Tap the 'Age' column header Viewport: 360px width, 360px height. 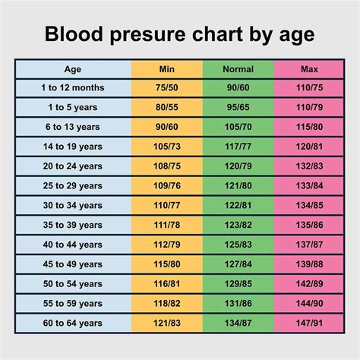pyautogui.click(x=73, y=69)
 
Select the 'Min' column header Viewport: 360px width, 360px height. pyautogui.click(x=167, y=69)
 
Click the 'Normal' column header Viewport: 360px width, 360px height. pyautogui.click(x=238, y=69)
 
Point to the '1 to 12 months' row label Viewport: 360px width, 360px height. pyautogui.click(x=73, y=87)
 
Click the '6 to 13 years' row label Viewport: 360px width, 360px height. pyautogui.click(x=73, y=126)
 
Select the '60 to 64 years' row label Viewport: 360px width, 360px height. pyautogui.click(x=73, y=322)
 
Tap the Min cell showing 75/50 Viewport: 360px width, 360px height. pyautogui.click(x=167, y=87)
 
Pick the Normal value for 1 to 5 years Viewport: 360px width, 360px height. pyautogui.click(x=238, y=107)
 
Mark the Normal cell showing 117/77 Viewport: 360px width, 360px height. pyautogui.click(x=238, y=146)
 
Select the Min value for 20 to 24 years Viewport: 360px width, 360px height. pyautogui.click(x=167, y=166)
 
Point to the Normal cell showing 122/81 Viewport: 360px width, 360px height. pyautogui.click(x=238, y=205)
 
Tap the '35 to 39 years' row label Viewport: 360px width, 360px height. pyautogui.click(x=73, y=225)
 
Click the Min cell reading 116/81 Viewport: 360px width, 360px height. pyautogui.click(x=167, y=283)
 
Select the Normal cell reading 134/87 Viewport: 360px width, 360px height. pyautogui.click(x=238, y=322)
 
